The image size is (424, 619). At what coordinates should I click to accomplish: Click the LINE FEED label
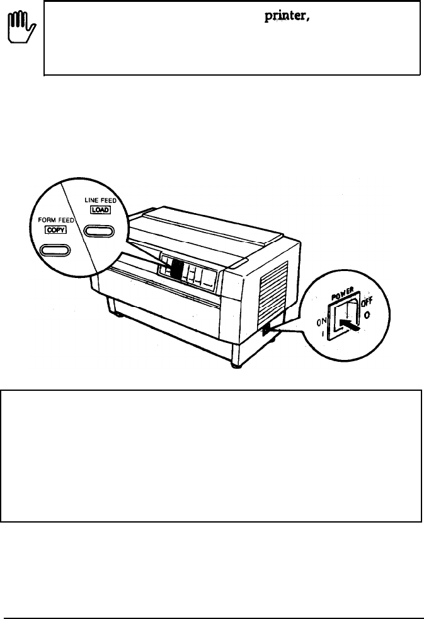coord(97,200)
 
